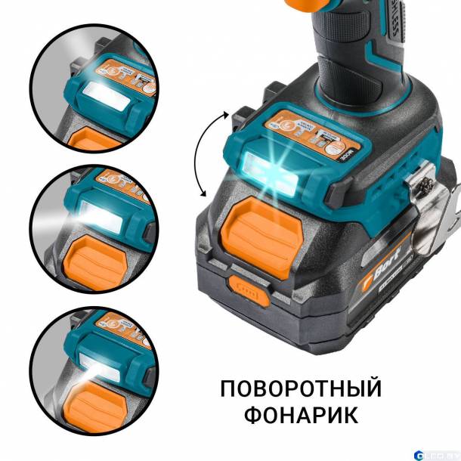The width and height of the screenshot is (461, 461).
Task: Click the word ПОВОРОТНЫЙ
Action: [301, 389]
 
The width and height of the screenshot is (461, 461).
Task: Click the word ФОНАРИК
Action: [301, 416]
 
